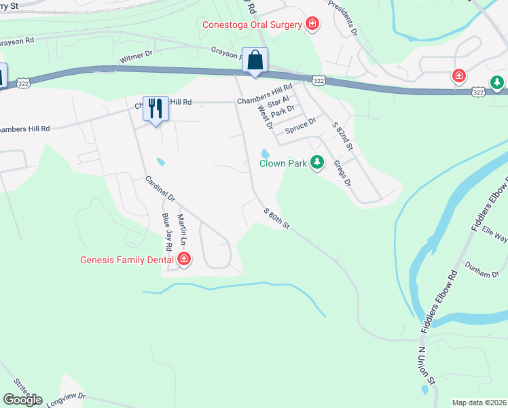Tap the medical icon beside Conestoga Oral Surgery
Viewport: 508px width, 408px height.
coord(312,25)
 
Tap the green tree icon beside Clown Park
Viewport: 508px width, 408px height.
coord(316,163)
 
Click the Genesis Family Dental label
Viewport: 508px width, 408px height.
coord(126,259)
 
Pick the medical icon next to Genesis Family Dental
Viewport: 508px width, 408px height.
coord(183,259)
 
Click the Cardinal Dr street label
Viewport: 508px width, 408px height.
coord(160,190)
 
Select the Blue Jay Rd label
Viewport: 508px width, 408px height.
coord(166,231)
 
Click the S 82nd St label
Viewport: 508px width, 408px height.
coord(343,137)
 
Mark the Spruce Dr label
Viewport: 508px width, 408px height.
coord(301,126)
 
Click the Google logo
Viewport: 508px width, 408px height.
coord(22,400)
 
